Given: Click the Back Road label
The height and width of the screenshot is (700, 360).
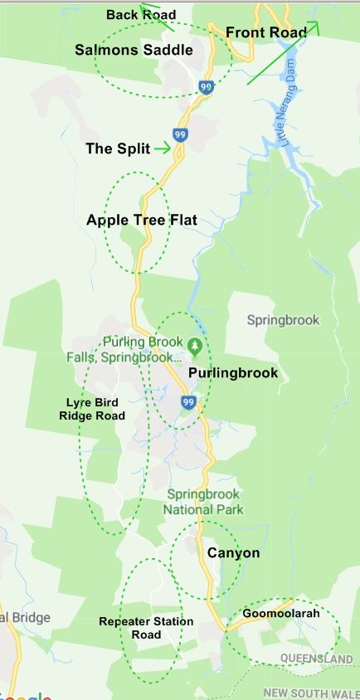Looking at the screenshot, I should [x=141, y=15].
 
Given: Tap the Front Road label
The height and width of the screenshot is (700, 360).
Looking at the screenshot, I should [x=266, y=32].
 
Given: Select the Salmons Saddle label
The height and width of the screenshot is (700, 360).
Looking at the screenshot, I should [x=134, y=50].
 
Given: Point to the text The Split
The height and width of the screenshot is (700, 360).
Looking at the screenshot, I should [x=118, y=148].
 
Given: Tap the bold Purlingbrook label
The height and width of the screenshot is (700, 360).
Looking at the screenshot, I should [x=233, y=372].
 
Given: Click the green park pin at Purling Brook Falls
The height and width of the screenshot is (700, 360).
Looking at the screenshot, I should [x=195, y=344].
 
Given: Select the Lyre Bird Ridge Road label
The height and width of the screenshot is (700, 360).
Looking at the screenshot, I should [x=96, y=409].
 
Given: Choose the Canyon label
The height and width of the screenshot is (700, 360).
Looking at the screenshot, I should [x=233, y=553].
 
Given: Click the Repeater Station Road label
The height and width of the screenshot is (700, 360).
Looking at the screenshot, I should [x=146, y=628].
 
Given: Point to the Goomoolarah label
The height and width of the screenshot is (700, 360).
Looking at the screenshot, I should [x=281, y=614].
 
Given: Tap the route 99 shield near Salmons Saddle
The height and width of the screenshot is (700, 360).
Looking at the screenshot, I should [x=207, y=85].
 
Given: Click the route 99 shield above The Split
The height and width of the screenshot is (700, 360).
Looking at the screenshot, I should [x=180, y=134].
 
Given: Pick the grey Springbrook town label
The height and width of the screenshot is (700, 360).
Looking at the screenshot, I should [x=282, y=319].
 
